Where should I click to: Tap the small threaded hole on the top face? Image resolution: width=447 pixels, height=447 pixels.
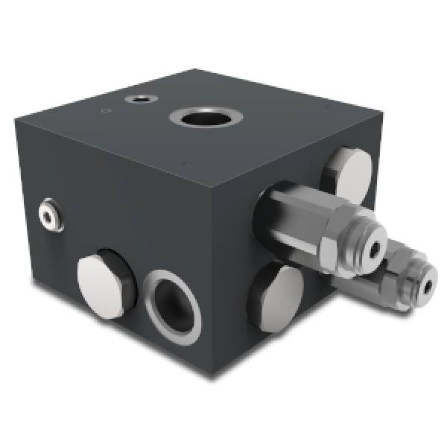coord(139,99)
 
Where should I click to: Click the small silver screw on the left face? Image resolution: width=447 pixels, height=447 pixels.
coord(50,212)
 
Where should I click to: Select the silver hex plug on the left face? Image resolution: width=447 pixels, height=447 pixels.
coord(99,285)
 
